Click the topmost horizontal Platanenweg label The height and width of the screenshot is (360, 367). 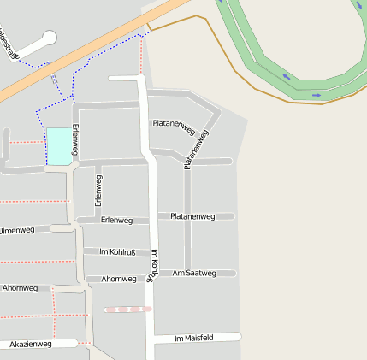(x=173, y=124)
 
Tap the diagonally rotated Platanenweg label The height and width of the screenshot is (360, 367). (x=196, y=150)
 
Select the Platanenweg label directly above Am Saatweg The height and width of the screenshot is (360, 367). (x=192, y=216)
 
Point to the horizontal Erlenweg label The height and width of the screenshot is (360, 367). (x=116, y=221)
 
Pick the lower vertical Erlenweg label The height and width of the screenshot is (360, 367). (x=98, y=190)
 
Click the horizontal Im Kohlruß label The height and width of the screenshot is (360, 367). (x=118, y=252)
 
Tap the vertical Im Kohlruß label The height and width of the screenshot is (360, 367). (x=153, y=265)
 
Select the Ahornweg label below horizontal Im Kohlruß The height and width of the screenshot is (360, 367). (x=119, y=279)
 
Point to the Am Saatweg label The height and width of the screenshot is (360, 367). (x=194, y=273)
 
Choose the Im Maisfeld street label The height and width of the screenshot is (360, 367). (x=193, y=338)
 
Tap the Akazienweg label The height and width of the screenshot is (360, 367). (x=31, y=344)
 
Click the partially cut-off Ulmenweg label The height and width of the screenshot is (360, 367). (x=17, y=230)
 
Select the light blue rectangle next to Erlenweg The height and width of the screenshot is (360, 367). (x=58, y=145)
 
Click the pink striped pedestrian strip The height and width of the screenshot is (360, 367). (x=127, y=309)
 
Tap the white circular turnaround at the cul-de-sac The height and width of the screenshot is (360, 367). (x=48, y=38)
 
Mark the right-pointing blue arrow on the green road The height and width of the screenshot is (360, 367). (x=316, y=94)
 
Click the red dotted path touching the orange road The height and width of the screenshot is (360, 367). (x=140, y=56)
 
